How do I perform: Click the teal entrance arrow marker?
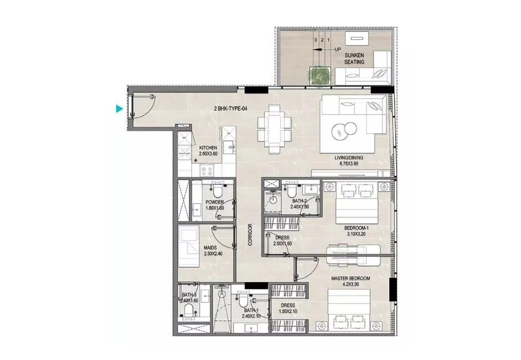click(119, 109)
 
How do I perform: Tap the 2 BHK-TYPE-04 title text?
click(231, 109)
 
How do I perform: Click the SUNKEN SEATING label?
click(354, 59)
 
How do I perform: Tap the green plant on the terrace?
click(319, 76)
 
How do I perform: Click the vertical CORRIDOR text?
click(251, 235)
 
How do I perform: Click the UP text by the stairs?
click(337, 49)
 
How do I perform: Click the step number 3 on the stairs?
click(315, 40)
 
